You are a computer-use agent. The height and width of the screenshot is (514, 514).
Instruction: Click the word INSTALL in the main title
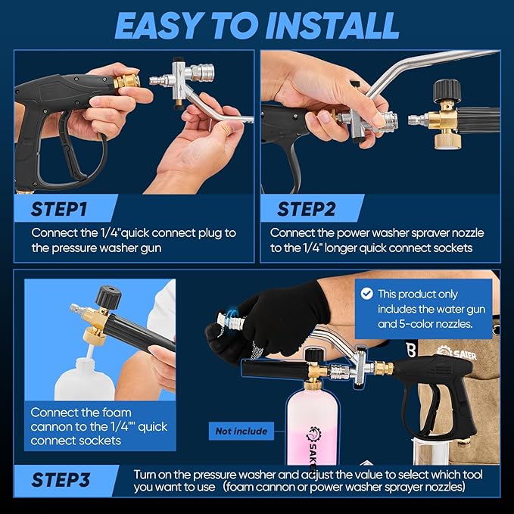332,26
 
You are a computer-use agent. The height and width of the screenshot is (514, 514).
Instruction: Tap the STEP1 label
59,209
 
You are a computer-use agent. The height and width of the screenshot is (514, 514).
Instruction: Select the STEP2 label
306,209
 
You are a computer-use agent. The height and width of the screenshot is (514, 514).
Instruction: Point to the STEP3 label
61,480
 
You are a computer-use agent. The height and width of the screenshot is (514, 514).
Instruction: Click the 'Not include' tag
241,431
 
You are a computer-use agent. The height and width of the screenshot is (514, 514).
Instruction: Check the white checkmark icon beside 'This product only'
367,294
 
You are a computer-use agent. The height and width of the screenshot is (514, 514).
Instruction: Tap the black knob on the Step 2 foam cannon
447,90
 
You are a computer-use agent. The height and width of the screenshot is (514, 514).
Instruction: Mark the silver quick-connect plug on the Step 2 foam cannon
418,120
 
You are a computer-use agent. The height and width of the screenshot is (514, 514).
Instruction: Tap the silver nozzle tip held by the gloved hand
230,321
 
